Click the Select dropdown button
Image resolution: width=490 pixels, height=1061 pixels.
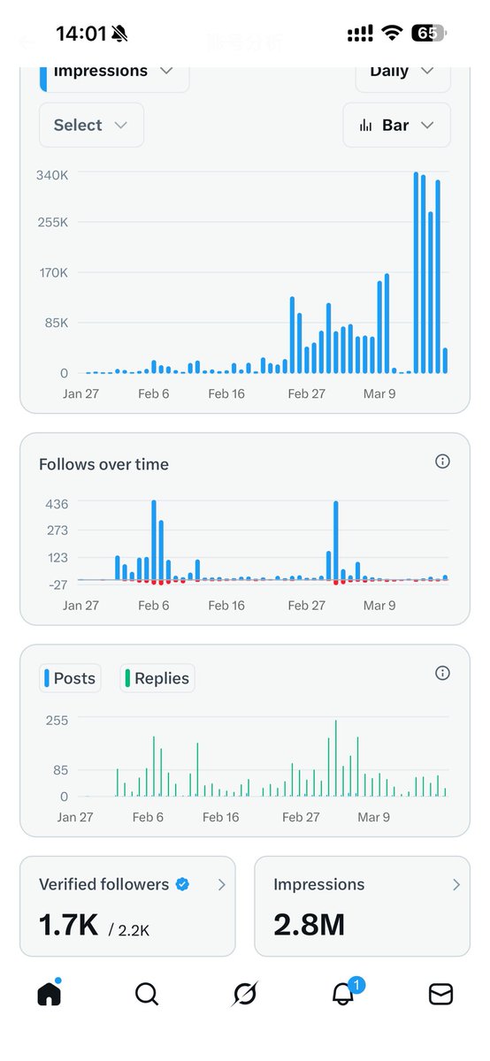click(x=91, y=126)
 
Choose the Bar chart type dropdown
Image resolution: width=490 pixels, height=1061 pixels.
click(x=396, y=126)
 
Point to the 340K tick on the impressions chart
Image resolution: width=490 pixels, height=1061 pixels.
click(x=52, y=175)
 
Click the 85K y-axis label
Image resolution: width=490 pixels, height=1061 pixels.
click(x=52, y=323)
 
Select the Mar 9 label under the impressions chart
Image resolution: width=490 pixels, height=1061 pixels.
click(x=379, y=393)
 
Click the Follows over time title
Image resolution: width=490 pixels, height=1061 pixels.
click(x=103, y=464)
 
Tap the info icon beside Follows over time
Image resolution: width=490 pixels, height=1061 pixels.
click(x=443, y=462)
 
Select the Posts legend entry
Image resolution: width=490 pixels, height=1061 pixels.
click(x=71, y=678)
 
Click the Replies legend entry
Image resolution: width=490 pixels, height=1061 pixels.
click(x=157, y=678)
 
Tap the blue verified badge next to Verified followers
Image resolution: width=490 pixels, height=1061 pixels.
click(x=182, y=883)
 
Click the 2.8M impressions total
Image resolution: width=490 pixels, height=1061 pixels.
click(x=309, y=924)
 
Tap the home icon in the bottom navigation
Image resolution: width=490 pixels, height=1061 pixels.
click(x=50, y=995)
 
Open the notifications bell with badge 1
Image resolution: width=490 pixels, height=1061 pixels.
click(x=343, y=994)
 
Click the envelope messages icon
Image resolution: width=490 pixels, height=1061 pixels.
click(x=440, y=995)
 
